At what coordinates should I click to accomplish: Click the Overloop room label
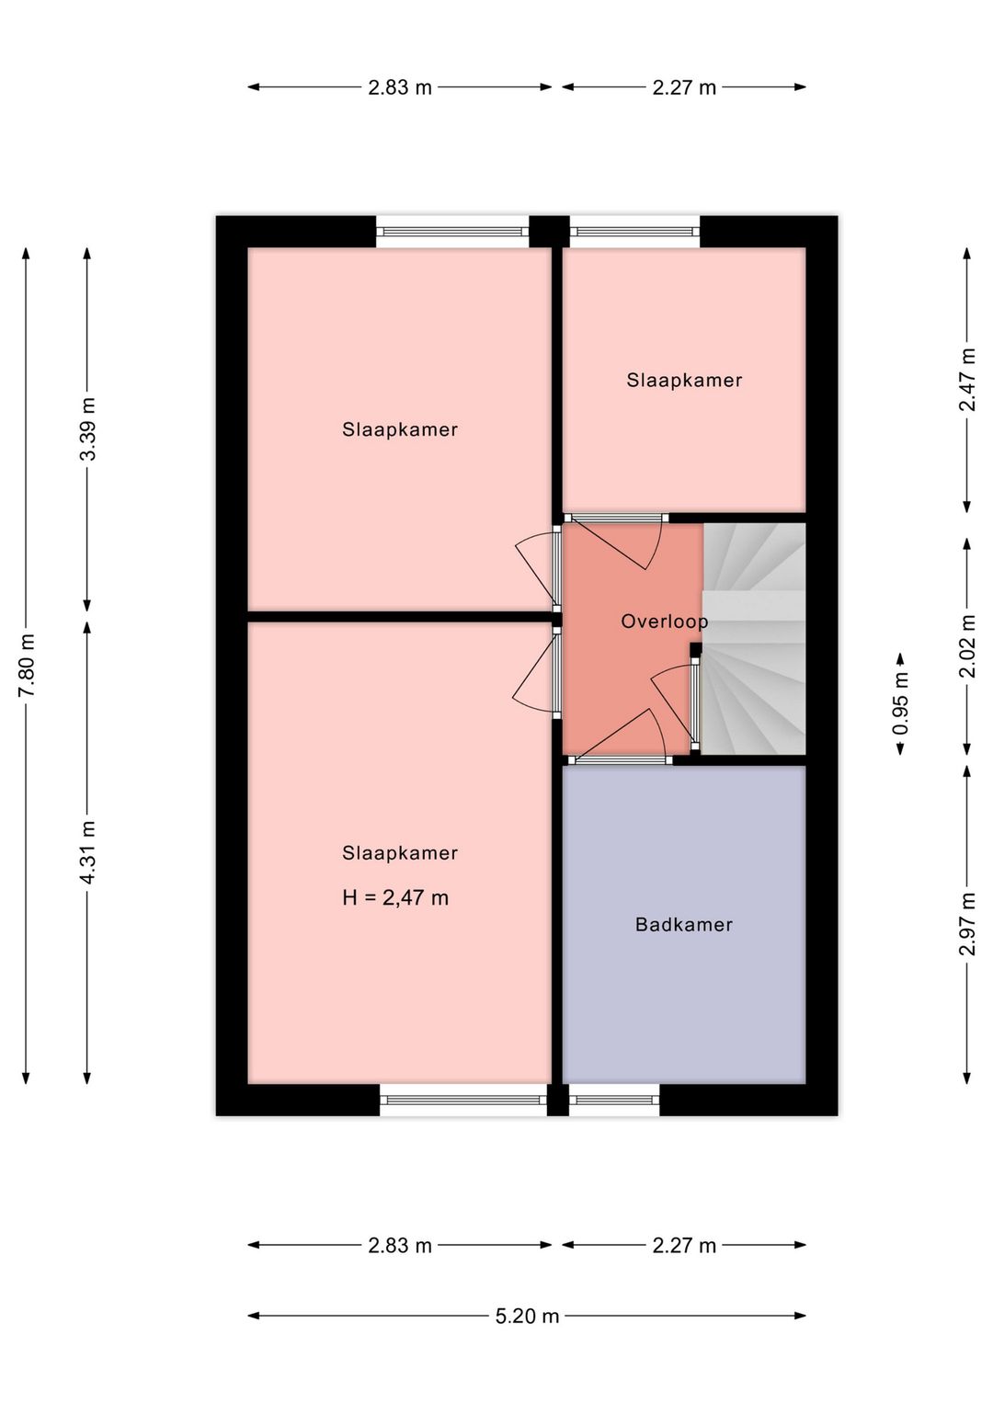[664, 622]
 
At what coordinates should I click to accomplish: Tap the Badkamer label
[683, 925]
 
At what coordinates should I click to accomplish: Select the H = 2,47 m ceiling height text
[395, 898]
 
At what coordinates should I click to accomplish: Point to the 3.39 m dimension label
[87, 429]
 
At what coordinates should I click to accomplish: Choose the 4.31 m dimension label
[87, 852]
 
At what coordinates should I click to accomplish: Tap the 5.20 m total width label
[527, 1317]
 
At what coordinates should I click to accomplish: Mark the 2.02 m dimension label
[967, 646]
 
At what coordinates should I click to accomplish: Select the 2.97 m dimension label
[967, 925]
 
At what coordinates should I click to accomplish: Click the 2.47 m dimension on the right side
[967, 380]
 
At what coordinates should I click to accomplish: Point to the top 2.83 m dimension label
[400, 87]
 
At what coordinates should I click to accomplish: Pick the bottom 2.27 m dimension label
[684, 1246]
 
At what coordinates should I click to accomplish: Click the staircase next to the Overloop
[753, 639]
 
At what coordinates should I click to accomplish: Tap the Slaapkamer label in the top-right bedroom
[684, 381]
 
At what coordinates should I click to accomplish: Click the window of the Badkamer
[614, 1100]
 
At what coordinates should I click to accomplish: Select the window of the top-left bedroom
[452, 232]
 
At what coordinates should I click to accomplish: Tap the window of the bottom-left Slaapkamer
[463, 1100]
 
